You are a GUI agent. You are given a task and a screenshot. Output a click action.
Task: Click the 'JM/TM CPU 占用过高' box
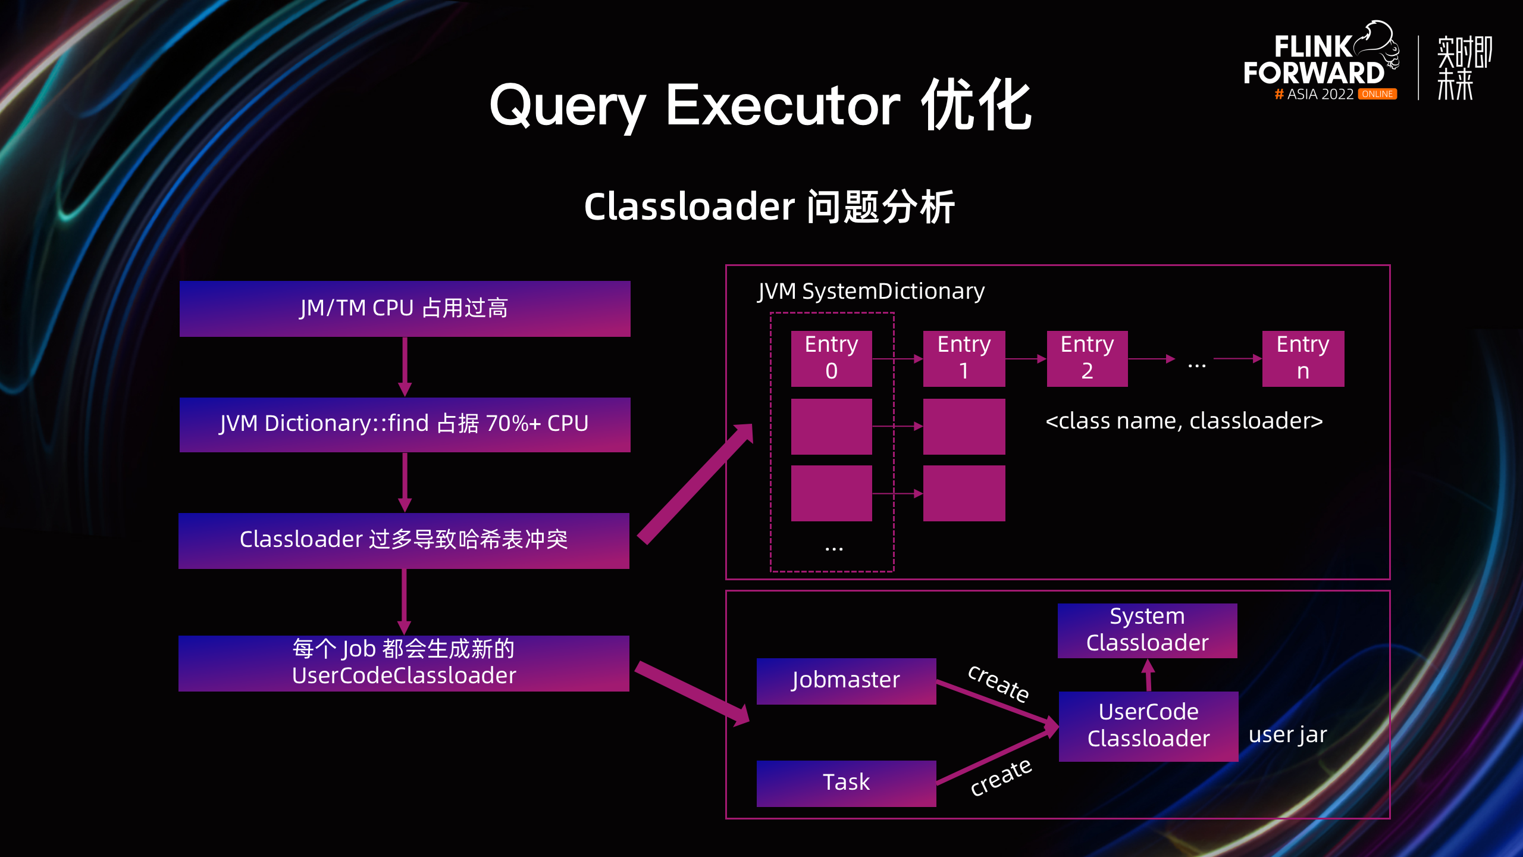pos(405,308)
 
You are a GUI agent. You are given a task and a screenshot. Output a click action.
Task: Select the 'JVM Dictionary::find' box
pos(405,424)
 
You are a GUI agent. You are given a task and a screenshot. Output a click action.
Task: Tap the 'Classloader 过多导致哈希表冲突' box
pos(404,540)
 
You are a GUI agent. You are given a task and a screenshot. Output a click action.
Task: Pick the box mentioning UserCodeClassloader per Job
pos(404,663)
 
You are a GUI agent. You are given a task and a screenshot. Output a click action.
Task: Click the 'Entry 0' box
pos(832,358)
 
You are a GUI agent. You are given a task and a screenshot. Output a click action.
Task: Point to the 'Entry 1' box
pos(964,358)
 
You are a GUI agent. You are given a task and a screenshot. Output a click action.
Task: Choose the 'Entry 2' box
pos(1088,358)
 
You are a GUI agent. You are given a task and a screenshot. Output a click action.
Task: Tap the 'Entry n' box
pos(1303,358)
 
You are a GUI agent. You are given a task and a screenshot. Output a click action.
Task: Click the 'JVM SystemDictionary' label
pos(871,292)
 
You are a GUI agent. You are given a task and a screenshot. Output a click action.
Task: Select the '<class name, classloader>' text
pos(1184,421)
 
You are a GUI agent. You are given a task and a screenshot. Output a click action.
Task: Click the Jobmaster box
pos(846,681)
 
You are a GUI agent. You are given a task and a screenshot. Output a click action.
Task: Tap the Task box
pos(846,783)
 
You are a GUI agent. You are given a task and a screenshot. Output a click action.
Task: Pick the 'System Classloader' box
pos(1147,630)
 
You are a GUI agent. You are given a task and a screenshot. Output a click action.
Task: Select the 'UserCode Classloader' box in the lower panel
pos(1148,726)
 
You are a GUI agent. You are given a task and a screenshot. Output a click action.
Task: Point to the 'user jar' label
pos(1287,735)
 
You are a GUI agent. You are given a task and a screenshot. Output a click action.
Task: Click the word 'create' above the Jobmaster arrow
pos(999,684)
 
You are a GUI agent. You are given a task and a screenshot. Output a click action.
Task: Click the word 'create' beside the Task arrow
pos(1001,777)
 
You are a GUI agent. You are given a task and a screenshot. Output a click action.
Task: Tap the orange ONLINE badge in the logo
pos(1377,94)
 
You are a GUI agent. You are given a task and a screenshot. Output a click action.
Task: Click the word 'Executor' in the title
pos(783,105)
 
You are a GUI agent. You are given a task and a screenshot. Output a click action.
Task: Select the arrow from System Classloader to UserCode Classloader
pos(1148,675)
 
